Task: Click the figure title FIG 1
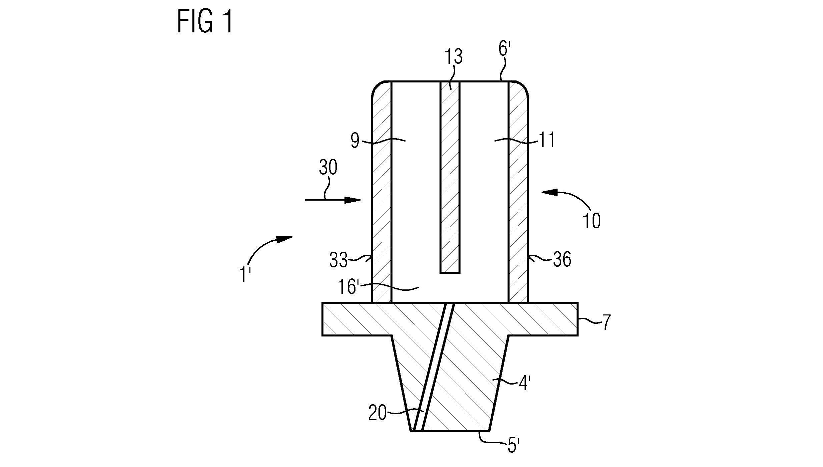pos(205,21)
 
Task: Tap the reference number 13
pos(453,57)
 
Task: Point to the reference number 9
pos(355,141)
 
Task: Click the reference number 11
pos(547,140)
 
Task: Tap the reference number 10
pos(592,221)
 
